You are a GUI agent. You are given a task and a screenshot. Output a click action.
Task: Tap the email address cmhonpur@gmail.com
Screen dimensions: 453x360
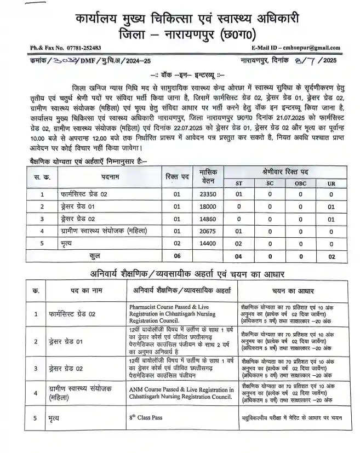(296, 48)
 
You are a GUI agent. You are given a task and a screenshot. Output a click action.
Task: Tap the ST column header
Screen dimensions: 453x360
(238, 183)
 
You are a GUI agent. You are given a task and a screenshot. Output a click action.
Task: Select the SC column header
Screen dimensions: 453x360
(270, 183)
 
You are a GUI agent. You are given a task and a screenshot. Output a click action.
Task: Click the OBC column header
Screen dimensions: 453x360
(300, 183)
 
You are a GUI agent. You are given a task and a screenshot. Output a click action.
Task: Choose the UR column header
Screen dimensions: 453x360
(331, 183)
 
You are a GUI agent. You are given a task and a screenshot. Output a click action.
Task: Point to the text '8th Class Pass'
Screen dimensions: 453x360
(146, 417)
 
